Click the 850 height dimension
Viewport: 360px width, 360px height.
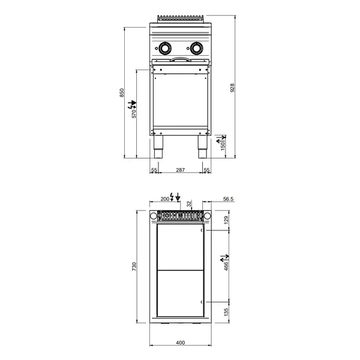point(122,92)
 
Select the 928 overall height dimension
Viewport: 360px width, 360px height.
point(232,88)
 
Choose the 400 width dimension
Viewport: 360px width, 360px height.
point(180,343)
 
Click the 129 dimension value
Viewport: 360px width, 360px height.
point(226,220)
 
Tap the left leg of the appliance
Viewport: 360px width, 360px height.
point(160,146)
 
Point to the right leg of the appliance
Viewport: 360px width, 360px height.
point(201,146)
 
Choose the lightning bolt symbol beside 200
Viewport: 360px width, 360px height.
point(173,196)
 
